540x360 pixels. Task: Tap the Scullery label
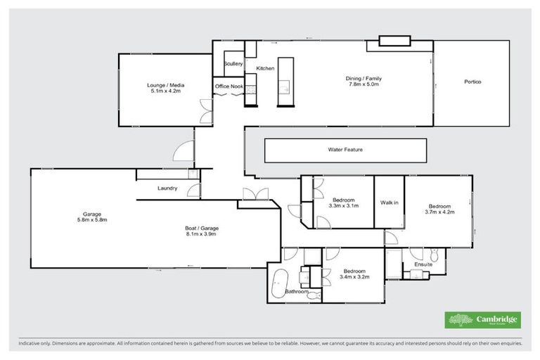click(233, 64)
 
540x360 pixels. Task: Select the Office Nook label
click(229, 86)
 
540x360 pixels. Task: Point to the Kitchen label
click(265, 68)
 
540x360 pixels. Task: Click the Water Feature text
click(345, 150)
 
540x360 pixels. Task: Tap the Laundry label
click(167, 188)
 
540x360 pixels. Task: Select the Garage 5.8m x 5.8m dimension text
click(91, 220)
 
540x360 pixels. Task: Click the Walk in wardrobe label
click(390, 202)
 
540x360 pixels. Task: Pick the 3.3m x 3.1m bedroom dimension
click(345, 206)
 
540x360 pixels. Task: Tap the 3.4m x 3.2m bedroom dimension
click(354, 278)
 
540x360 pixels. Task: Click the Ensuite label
click(423, 264)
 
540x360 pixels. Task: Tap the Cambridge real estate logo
click(483, 320)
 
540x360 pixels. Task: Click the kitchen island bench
click(283, 81)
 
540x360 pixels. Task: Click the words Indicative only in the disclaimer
click(36, 345)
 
